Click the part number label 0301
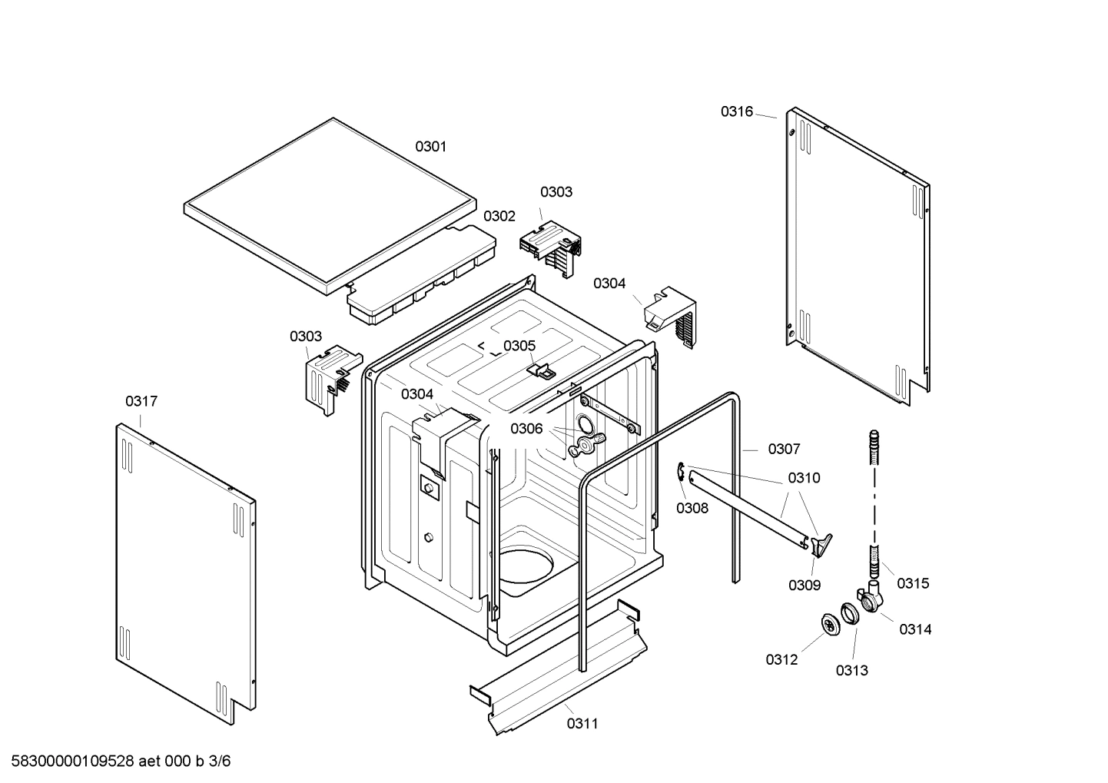(x=430, y=146)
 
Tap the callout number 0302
(x=499, y=216)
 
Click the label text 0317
(x=141, y=401)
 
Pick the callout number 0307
(x=784, y=449)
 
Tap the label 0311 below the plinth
(x=582, y=723)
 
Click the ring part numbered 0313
(x=849, y=614)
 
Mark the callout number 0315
(x=913, y=583)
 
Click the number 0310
(x=804, y=478)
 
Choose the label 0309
(x=804, y=585)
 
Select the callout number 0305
(x=519, y=346)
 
